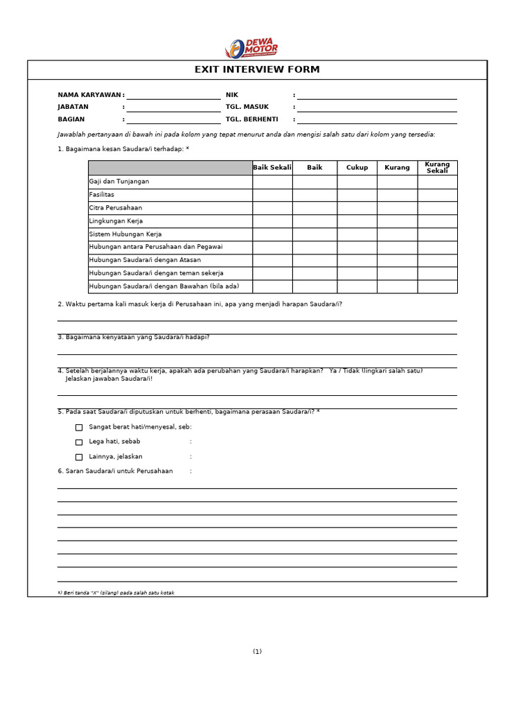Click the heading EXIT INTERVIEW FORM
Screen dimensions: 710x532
tap(257, 70)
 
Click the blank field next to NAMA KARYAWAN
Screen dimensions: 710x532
tap(173, 95)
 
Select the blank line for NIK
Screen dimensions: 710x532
tap(377, 95)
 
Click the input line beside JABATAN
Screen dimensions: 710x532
tap(173, 107)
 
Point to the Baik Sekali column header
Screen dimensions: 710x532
tap(272, 168)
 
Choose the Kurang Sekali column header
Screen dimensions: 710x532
tap(437, 168)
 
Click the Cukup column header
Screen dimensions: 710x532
tap(357, 168)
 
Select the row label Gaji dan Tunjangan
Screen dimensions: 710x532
tap(119, 182)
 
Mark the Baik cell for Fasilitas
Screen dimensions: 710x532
tap(314, 195)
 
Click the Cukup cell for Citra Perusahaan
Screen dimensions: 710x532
tap(357, 208)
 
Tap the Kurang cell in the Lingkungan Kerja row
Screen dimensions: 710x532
tap(397, 221)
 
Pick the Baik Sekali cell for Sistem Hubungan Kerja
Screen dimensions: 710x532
tap(272, 234)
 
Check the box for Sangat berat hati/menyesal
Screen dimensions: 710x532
tap(79, 428)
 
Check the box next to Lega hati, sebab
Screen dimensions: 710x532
tap(79, 442)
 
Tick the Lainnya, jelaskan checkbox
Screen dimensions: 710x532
tap(79, 457)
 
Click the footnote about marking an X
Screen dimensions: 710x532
tap(116, 593)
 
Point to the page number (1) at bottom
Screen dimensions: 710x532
tap(257, 652)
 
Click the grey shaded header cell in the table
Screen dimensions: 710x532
tap(170, 168)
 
